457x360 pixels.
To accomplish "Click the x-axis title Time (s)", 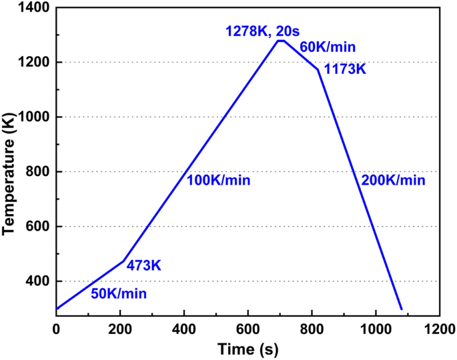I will point(247,349).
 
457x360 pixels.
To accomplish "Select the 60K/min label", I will point(328,47).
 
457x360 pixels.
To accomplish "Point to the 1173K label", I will point(345,69).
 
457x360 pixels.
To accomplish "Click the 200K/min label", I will point(393,180).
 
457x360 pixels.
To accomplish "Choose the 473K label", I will point(143,266).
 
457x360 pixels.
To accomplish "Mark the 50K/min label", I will point(119,293).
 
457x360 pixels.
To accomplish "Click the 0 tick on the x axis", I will point(57,329).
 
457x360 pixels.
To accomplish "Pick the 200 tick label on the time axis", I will point(120,329).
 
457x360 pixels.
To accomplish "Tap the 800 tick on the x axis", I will point(312,329).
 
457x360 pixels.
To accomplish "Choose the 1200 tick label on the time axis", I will point(439,329).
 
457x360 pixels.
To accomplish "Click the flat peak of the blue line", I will point(282,41).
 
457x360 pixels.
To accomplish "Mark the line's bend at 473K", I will point(123,261).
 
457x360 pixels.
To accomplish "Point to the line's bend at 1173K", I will point(318,69).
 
